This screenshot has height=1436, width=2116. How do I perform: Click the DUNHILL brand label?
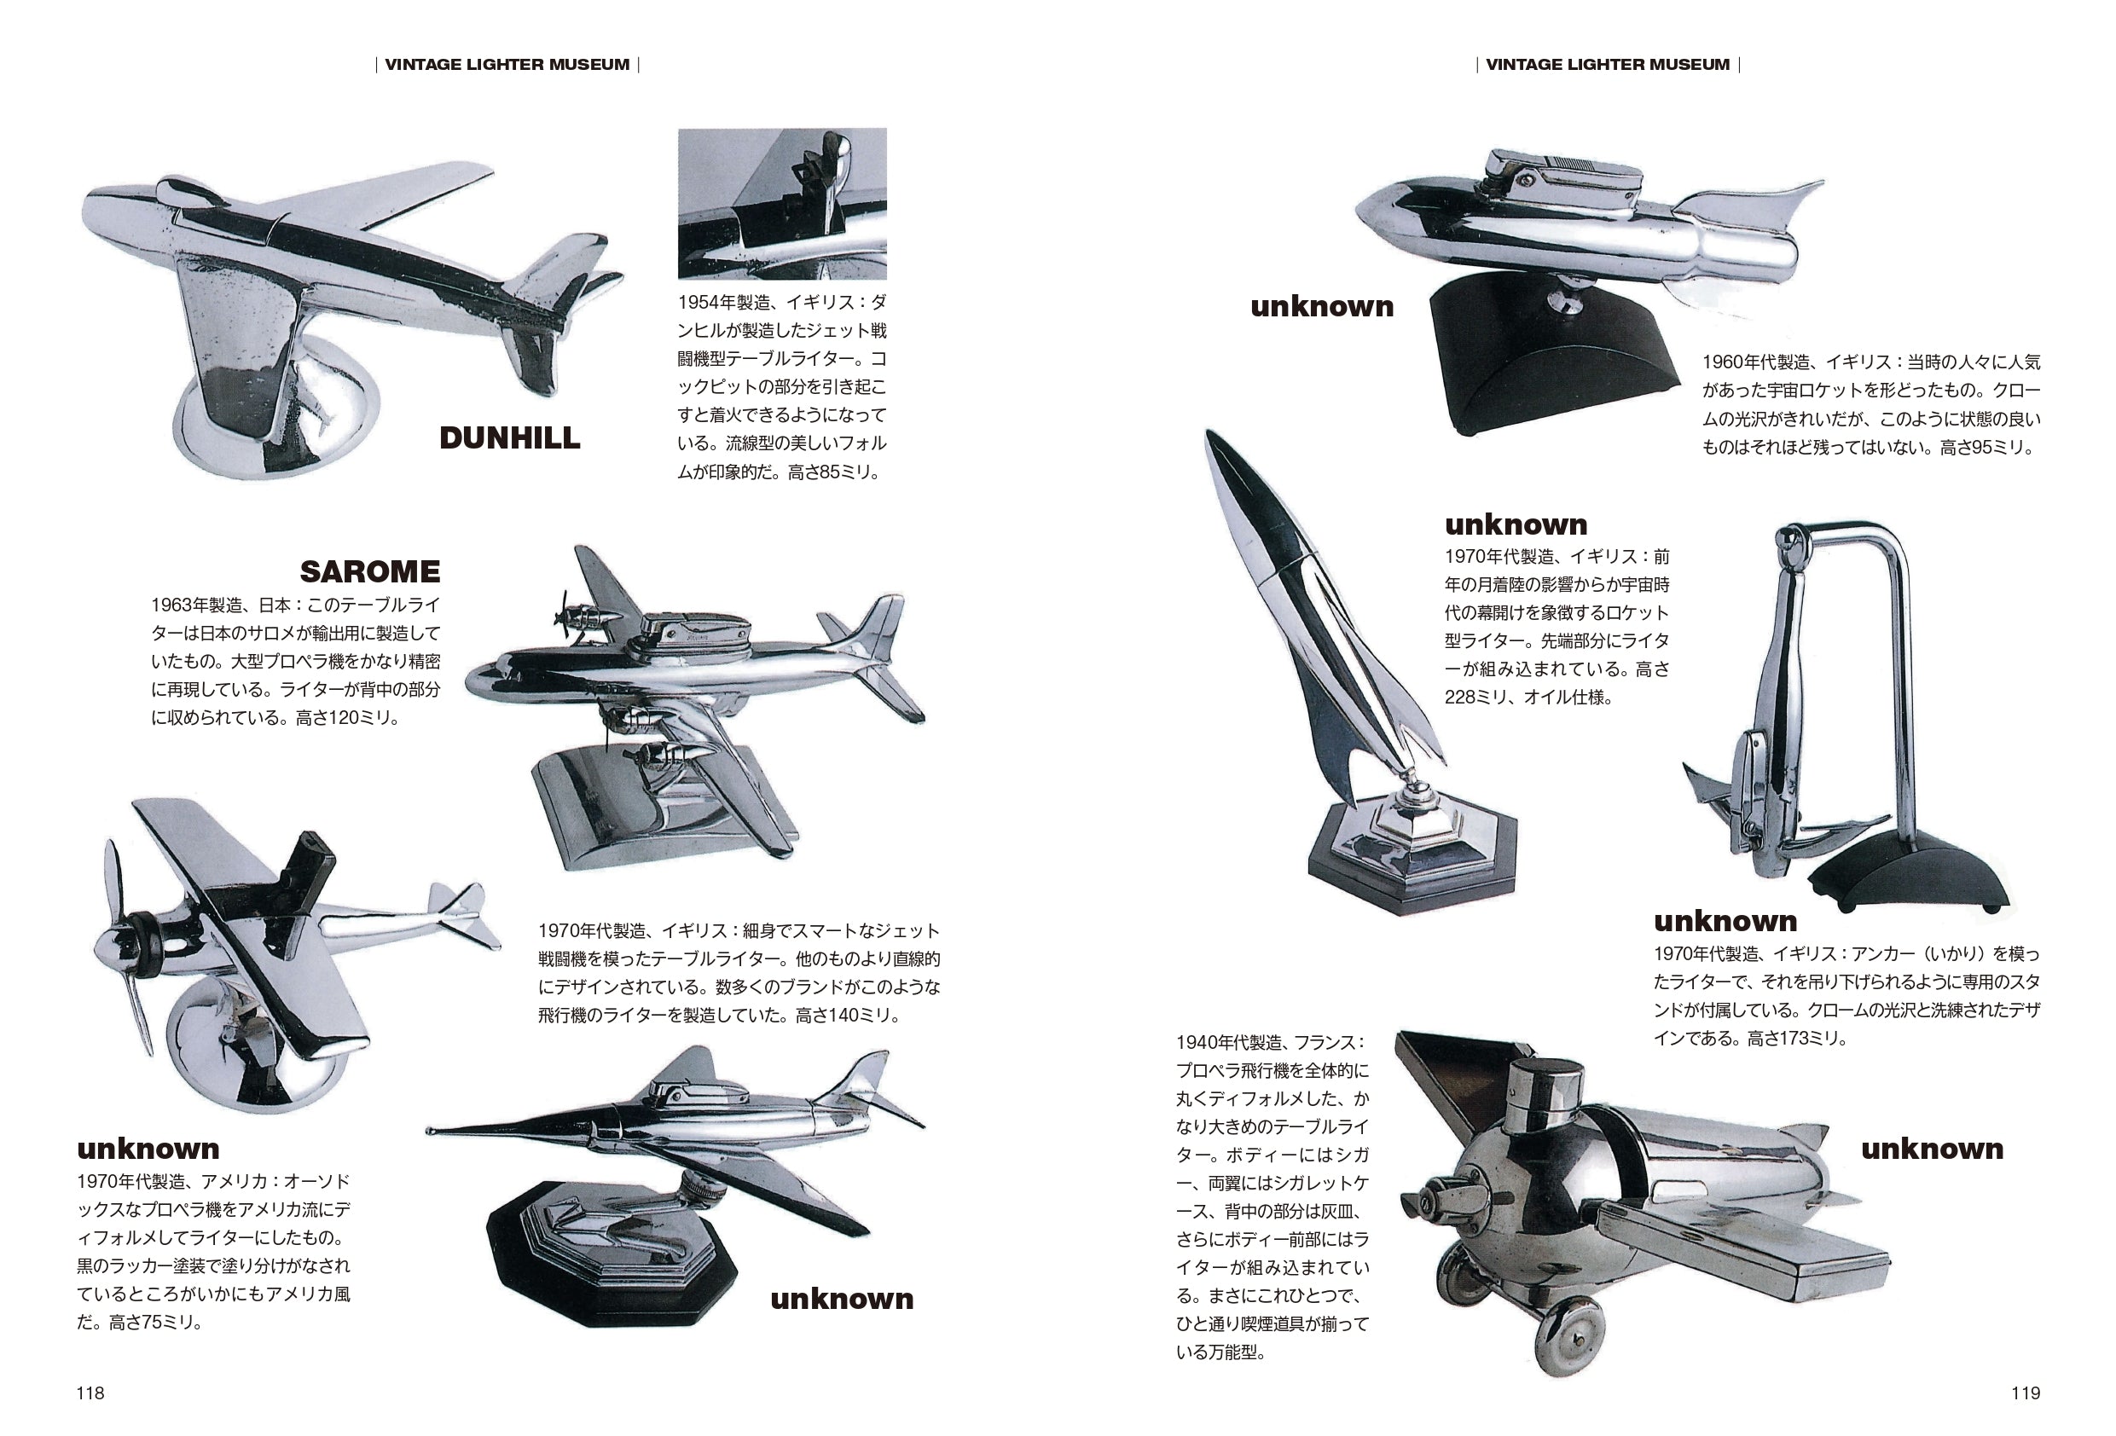pos(509,438)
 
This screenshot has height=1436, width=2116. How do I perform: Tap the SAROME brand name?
pos(369,572)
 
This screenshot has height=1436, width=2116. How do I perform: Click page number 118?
pos(90,1393)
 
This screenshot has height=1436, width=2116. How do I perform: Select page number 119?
pos(2025,1393)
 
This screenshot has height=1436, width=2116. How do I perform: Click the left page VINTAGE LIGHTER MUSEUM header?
pos(507,65)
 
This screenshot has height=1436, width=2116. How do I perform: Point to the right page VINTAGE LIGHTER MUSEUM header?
pos(1607,65)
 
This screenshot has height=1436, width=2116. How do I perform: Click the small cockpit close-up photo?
pos(782,203)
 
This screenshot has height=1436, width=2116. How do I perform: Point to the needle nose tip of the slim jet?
pos(431,1131)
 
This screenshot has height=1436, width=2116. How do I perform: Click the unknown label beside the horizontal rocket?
pos(1321,307)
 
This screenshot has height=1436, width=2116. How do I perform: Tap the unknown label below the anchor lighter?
pos(1725,922)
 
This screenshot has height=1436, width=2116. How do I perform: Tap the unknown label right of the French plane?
pos(1931,1149)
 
